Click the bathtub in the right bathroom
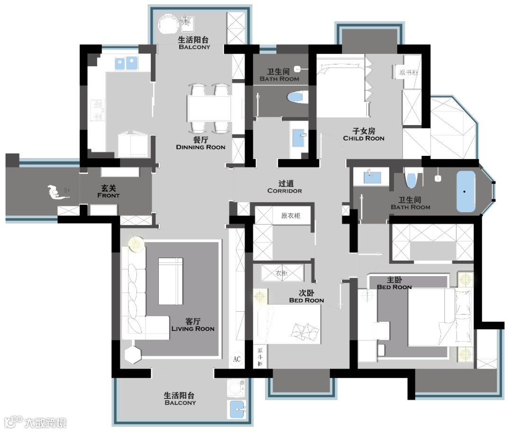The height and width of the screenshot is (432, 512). coord(466,191)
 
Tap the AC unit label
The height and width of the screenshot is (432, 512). coord(237,359)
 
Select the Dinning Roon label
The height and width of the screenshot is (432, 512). coord(201,147)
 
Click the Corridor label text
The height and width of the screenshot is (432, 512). coord(285,191)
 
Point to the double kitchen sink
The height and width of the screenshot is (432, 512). coord(126,63)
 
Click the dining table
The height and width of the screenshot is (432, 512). coord(210,108)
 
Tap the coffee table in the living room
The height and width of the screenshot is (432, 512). coord(171,281)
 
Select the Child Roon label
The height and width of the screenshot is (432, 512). coord(364,138)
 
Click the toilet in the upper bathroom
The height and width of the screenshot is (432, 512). coord(297,97)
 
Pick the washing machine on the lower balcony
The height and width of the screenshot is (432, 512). coord(236,388)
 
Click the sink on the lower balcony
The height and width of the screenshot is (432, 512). coord(237,409)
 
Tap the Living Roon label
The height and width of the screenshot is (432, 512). coord(193,329)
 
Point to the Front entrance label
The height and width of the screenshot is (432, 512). coord(109,196)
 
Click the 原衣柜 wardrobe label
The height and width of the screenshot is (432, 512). coord(291,216)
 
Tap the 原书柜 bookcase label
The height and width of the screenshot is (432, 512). coord(409,72)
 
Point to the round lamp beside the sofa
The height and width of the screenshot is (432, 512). coord(137,244)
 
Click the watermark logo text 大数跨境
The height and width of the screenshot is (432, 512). coord(46,423)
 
